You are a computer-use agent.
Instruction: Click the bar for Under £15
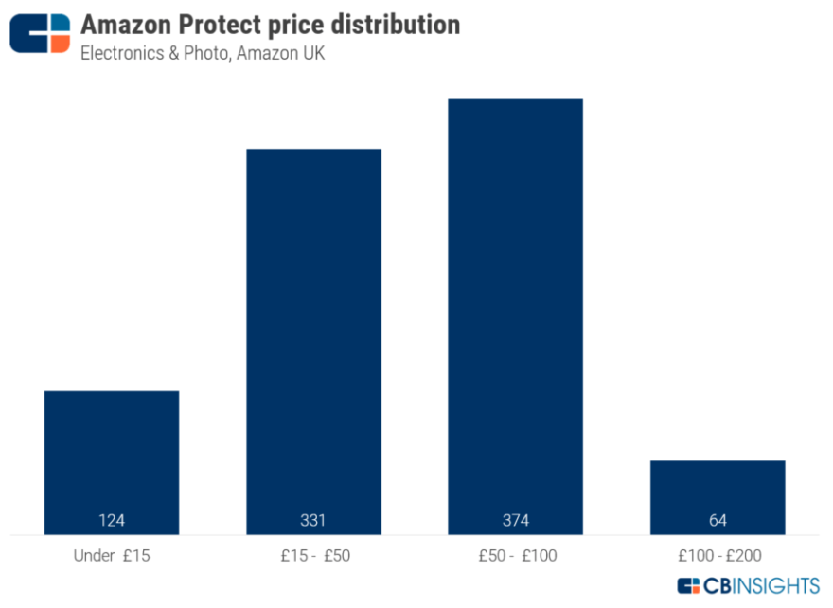click(112, 455)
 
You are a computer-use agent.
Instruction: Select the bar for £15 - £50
click(313, 331)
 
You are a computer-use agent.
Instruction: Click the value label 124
click(112, 520)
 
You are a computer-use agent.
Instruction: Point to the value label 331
click(313, 520)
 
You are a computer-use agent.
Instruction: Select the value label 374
click(515, 520)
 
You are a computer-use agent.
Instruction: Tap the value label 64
click(717, 520)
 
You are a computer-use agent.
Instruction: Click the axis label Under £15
click(112, 556)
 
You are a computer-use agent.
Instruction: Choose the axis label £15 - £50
click(313, 556)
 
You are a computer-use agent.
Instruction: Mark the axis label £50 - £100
click(515, 556)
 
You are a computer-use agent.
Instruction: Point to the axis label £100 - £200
click(717, 556)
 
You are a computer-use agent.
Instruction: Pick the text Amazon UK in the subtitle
click(280, 53)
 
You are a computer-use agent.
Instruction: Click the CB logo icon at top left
click(40, 33)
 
